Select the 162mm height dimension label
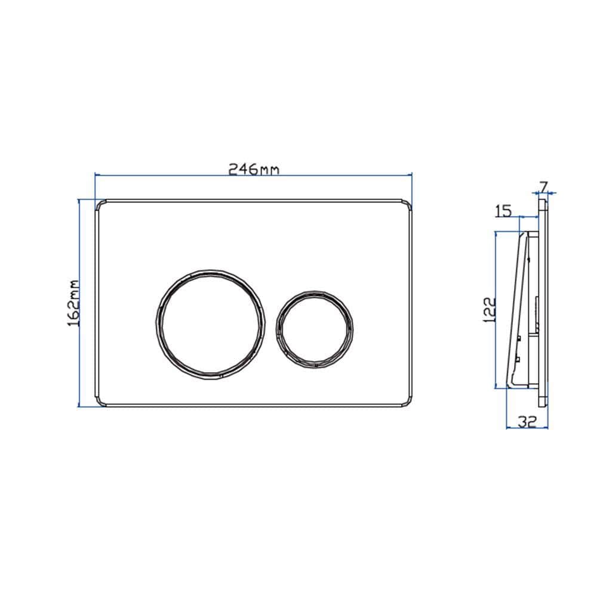click(x=73, y=303)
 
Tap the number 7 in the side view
click(x=544, y=186)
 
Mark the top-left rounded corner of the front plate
click(x=99, y=203)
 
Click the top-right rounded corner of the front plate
click(x=408, y=203)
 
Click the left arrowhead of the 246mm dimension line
click(x=97, y=174)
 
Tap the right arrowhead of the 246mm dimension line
click(x=411, y=174)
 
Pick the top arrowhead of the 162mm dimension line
click(x=79, y=202)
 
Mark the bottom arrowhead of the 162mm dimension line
click(x=79, y=405)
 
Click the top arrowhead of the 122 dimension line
click(x=497, y=233)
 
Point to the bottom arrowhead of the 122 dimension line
click(x=497, y=386)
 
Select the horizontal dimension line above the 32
click(x=526, y=428)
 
